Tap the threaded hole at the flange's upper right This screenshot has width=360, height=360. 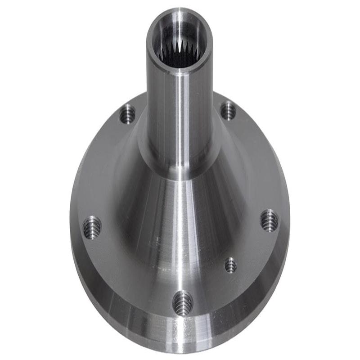tap(228, 110)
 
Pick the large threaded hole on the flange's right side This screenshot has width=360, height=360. tap(269, 220)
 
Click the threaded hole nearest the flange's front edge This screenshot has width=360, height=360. tap(183, 301)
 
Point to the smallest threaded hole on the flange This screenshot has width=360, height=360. tap(230, 265)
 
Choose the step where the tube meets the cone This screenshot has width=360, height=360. tap(180, 173)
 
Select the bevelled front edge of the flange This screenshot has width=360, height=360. tap(180, 335)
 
